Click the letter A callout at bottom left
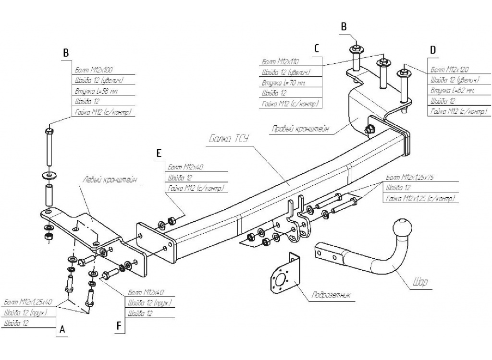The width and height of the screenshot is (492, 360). [61, 330]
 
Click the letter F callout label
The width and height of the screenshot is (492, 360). [119, 326]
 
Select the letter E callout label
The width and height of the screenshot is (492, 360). [159, 153]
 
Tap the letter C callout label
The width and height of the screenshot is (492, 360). [317, 48]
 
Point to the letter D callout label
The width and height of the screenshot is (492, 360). [433, 50]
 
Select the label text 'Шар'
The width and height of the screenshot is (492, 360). [420, 282]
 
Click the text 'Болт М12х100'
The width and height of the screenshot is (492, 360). [94, 70]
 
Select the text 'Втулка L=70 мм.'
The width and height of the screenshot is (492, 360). [284, 83]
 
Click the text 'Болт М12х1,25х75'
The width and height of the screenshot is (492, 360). [409, 178]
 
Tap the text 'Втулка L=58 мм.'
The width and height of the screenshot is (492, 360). [97, 91]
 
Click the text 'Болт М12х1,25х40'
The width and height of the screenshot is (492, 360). [28, 303]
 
